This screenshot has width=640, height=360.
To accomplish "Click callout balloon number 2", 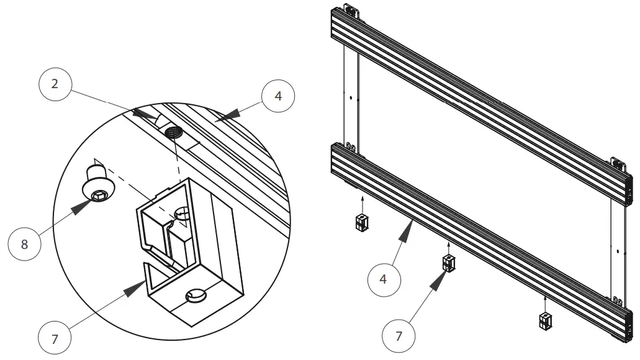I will tap(55, 84).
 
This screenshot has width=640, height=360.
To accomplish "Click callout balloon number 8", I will tap(24, 244).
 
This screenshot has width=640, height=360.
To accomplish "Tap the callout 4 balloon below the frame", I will tap(383, 279).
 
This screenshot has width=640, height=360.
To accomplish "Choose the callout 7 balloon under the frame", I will tap(399, 336).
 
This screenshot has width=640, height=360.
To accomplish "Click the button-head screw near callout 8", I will tap(96, 186).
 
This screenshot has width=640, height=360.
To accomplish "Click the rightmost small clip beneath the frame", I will tap(545, 320).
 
